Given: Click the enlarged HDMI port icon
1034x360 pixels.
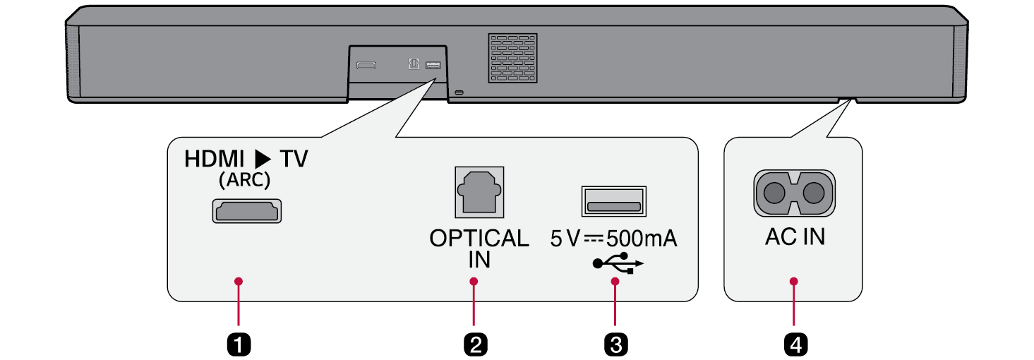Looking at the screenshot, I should pos(246,211).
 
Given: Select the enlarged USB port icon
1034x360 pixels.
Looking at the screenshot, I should pos(613,202).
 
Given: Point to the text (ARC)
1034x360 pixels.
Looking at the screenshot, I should pos(244,180).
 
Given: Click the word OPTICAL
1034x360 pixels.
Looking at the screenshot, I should pos(479,239).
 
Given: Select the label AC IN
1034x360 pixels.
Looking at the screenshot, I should pos(795,237).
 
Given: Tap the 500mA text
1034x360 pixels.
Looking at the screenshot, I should pos(642,239).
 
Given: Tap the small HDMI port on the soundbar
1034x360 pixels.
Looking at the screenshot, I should pos(366,65).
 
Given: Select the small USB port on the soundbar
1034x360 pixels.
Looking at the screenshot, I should pos(433,65).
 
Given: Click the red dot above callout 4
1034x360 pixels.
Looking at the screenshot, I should pos(795,282).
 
